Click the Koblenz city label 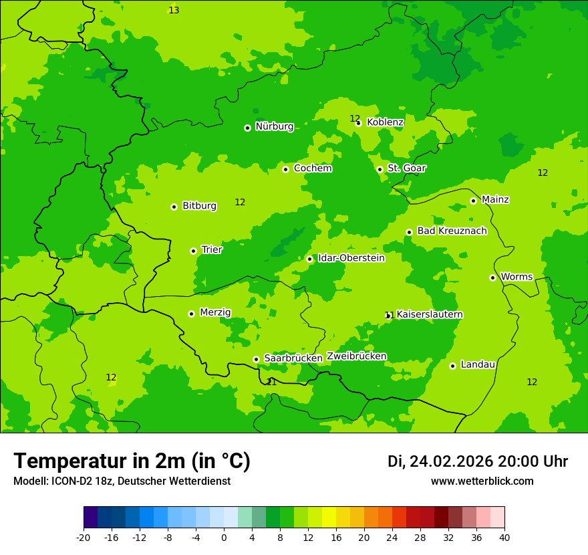click(x=385, y=122)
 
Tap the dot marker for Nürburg click(x=247, y=128)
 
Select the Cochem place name click(x=313, y=169)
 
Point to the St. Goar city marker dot click(x=380, y=169)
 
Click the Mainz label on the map click(x=495, y=200)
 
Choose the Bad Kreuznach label click(x=452, y=231)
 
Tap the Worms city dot click(x=492, y=277)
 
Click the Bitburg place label click(x=199, y=206)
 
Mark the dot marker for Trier click(x=193, y=251)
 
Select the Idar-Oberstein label click(x=351, y=258)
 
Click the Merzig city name click(x=215, y=313)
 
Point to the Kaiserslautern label click(x=430, y=315)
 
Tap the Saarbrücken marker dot click(x=256, y=359)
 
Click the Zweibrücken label click(x=357, y=356)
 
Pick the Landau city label click(x=478, y=365)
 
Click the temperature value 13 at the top click(x=174, y=10)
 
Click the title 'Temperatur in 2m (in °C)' click(x=132, y=461)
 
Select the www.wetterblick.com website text click(x=482, y=481)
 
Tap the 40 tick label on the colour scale click(x=504, y=538)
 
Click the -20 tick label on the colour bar click(x=83, y=538)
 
